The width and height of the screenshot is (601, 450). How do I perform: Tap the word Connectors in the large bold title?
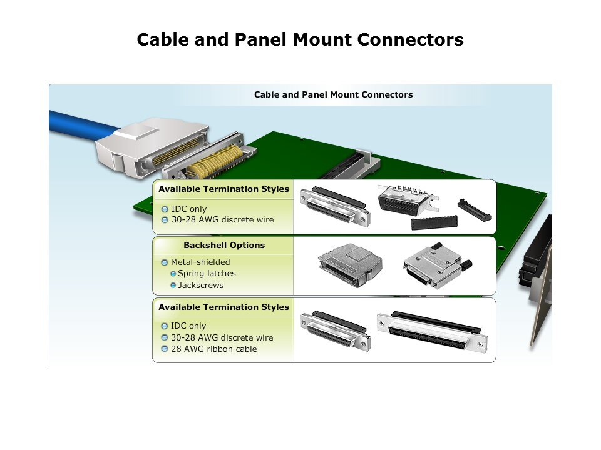(411, 40)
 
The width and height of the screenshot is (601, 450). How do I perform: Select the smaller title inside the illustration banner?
(333, 95)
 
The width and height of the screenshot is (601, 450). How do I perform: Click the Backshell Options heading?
(223, 246)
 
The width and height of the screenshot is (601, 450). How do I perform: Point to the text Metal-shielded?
(200, 262)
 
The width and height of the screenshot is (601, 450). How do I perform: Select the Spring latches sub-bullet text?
(207, 274)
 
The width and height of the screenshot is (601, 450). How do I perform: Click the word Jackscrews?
(200, 286)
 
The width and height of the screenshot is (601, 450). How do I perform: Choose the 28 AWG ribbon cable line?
(213, 349)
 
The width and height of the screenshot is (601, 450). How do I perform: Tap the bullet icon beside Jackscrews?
(173, 286)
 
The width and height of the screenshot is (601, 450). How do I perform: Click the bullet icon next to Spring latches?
(173, 274)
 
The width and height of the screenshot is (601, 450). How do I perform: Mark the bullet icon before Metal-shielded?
(165, 262)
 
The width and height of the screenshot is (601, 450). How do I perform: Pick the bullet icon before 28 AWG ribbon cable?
(165, 349)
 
